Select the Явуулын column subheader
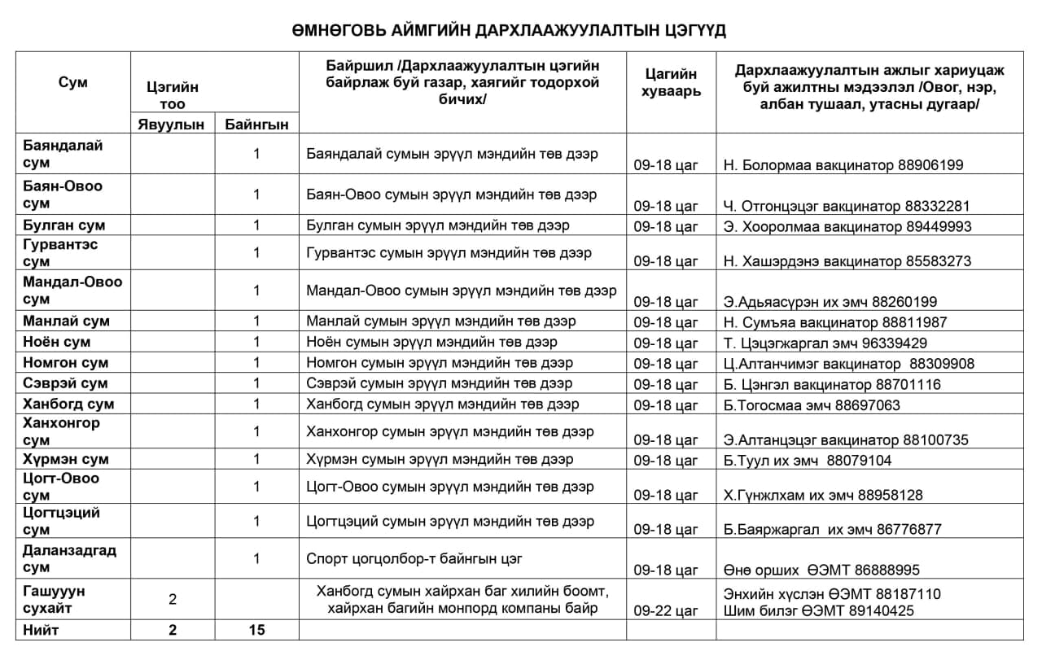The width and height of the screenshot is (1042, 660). point(172,124)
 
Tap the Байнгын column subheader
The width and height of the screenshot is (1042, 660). point(256,124)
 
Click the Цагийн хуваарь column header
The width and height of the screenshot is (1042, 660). point(671,82)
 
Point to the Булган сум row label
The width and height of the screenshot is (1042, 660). point(65,225)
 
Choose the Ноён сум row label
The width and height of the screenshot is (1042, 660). point(57,343)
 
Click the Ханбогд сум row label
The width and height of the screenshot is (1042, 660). point(69,404)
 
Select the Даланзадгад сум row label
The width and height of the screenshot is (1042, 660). point(70,558)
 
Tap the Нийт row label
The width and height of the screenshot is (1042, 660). point(42,630)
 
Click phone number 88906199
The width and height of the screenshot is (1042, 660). point(931,165)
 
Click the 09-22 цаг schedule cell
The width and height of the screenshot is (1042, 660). point(666,610)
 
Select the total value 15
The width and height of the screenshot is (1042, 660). point(256,630)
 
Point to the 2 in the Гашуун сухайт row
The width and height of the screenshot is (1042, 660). point(172,600)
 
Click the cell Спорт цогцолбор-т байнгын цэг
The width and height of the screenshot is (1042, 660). point(414,559)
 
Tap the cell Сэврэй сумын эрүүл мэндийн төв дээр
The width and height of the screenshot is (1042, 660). point(440,383)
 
